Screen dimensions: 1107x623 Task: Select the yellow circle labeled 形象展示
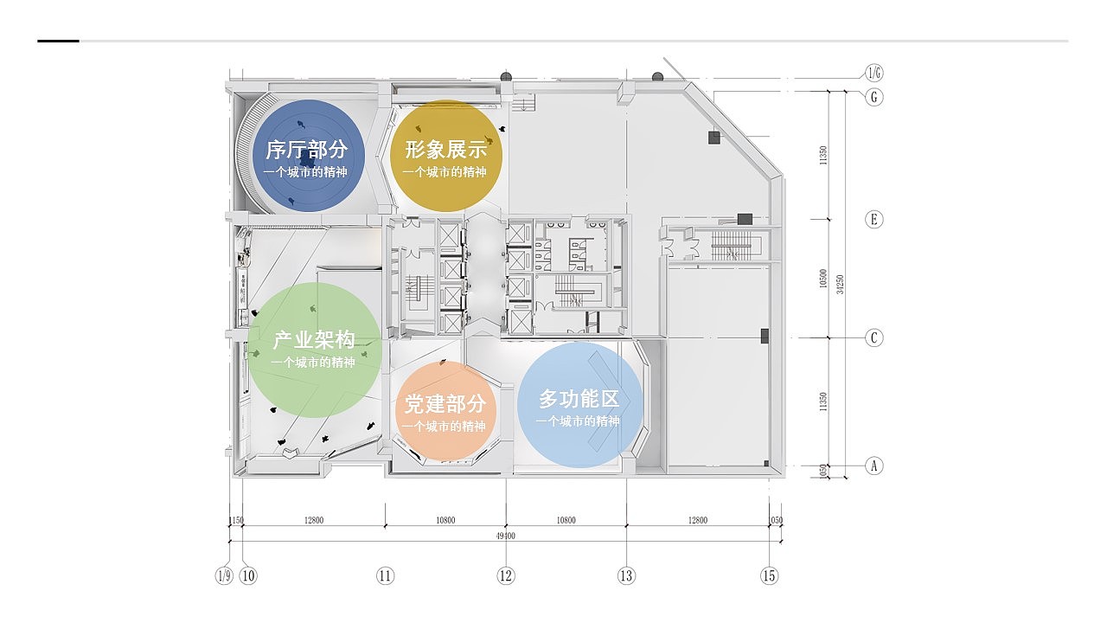tap(445, 157)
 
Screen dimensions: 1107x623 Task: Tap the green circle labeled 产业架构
tap(314, 350)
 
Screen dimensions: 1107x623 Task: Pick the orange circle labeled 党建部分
tap(445, 411)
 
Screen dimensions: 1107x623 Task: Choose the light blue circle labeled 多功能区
tap(580, 405)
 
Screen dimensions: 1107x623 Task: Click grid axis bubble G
tap(874, 97)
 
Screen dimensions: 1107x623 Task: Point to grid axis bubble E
tap(874, 219)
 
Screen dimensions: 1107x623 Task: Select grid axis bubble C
tap(874, 337)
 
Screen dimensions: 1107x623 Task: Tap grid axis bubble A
tap(874, 466)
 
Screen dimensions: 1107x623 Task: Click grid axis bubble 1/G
tap(874, 73)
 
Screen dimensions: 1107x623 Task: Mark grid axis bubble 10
tap(249, 575)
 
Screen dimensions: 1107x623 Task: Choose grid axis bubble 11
tap(385, 575)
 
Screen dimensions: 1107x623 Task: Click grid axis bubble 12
tap(506, 575)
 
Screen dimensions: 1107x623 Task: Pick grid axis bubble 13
tap(626, 575)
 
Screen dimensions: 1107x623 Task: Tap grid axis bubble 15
tap(769, 575)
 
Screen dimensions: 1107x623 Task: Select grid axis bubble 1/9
tap(224, 575)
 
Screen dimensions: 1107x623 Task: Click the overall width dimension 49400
tap(506, 536)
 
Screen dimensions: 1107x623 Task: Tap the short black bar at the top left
tap(58, 41)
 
